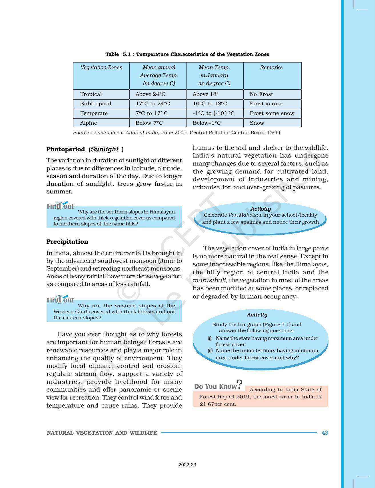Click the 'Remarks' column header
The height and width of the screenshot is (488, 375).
[x=271, y=67]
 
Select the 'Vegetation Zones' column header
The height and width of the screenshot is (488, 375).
[x=101, y=67]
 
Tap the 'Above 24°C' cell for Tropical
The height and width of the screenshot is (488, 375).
[x=150, y=94]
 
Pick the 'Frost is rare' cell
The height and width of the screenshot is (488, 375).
[x=266, y=104]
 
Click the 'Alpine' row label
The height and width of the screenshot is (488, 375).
[x=89, y=123]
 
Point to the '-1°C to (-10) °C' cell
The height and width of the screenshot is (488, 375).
[x=213, y=113]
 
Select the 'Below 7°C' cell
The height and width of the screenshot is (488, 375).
[x=149, y=123]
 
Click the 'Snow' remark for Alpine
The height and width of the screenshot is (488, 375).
[x=257, y=123]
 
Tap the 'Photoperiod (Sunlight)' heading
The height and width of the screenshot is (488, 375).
[x=85, y=149]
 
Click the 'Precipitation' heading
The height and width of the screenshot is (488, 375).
[x=67, y=242]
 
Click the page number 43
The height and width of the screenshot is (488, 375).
[x=325, y=433]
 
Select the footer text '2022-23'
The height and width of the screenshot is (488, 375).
[x=187, y=465]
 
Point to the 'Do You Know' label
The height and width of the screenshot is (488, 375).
[x=216, y=386]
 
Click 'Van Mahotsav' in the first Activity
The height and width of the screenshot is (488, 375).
[x=245, y=215]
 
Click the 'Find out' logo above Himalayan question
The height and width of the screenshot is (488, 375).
[x=60, y=206]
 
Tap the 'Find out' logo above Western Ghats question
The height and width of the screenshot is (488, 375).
[x=60, y=300]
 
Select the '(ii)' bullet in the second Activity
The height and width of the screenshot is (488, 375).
[x=210, y=350]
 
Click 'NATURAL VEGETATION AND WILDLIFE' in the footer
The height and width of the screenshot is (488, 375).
[x=102, y=433]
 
